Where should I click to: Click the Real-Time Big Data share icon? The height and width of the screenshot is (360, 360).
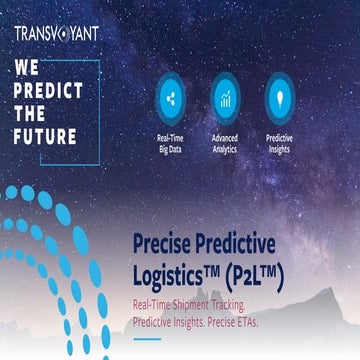tap(170, 98)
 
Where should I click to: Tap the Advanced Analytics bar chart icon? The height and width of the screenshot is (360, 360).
tap(225, 98)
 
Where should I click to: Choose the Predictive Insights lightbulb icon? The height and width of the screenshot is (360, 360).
tap(279, 98)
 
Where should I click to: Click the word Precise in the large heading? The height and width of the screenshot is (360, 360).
tap(166, 245)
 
